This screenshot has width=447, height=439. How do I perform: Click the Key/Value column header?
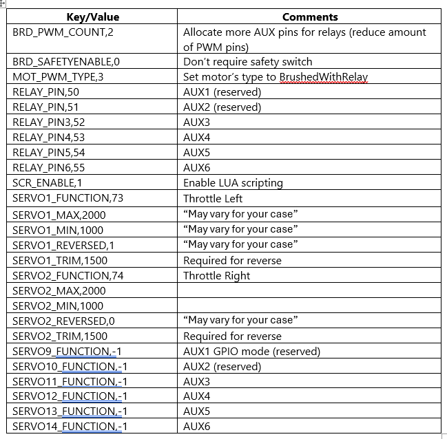(92, 17)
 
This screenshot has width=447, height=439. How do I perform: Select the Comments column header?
(310, 17)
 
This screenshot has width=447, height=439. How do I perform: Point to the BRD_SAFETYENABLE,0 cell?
(66, 62)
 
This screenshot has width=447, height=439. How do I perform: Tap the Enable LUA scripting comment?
(233, 183)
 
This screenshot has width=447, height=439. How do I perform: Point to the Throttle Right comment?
(216, 275)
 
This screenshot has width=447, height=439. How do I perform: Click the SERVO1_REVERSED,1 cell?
(62, 244)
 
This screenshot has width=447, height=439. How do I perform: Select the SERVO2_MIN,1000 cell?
(58, 306)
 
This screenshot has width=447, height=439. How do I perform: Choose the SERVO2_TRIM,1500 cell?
(60, 336)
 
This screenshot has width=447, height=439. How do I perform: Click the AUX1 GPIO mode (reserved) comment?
(251, 352)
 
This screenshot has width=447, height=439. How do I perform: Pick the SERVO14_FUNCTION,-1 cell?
(70, 427)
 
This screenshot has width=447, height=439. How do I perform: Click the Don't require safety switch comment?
(247, 62)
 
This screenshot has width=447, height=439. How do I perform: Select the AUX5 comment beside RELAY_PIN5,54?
(196, 153)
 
